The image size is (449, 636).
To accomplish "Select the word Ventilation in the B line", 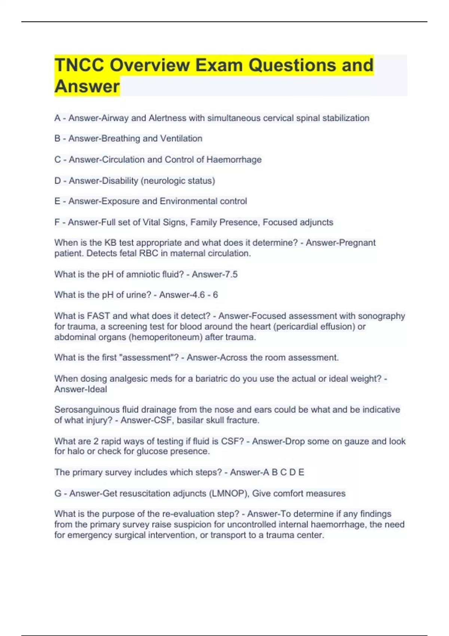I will [x=181, y=138].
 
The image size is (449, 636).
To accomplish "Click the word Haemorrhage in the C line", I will [x=234, y=160].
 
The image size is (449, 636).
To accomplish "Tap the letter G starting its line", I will [x=58, y=493].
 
